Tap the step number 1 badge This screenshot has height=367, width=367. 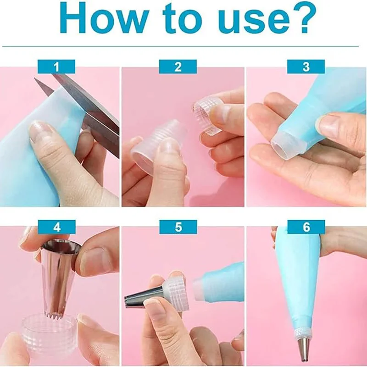(x=56, y=67)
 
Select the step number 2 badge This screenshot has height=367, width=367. (x=178, y=67)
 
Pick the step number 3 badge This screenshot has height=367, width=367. (x=306, y=67)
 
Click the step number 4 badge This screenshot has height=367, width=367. (x=56, y=227)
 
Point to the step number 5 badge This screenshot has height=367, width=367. (x=178, y=227)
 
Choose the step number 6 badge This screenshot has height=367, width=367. (x=306, y=227)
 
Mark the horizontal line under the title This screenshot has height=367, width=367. (x=183, y=46)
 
